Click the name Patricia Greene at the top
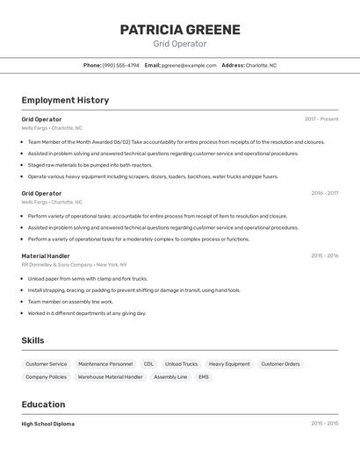point(180,29)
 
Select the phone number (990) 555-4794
point(120,65)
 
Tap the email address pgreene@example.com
point(189,65)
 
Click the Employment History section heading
point(65,100)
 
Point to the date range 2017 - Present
point(321,118)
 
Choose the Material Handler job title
point(46,256)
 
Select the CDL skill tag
point(148,363)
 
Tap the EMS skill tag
point(204,376)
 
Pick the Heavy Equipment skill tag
point(229,363)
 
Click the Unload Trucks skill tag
point(181,363)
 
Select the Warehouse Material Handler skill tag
point(110,376)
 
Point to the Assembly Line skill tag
point(170,376)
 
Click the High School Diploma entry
point(48,424)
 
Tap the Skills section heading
point(33,340)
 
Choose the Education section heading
point(43,404)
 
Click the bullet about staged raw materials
point(90,165)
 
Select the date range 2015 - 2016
point(324,256)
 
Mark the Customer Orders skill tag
point(280,363)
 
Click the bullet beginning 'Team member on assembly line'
point(70,301)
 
